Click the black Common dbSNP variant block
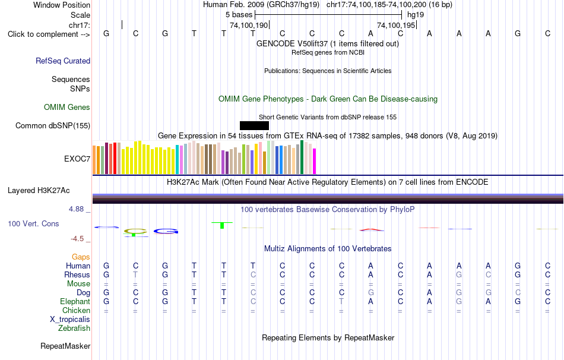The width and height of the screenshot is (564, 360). tap(254, 125)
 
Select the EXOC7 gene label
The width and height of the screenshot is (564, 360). tap(77, 159)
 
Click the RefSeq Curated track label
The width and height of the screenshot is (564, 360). tap(63, 61)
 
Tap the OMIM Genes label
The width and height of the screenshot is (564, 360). tap(67, 108)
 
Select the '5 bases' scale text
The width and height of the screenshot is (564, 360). tap(239, 15)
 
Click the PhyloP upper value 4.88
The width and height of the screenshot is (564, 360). tap(76, 209)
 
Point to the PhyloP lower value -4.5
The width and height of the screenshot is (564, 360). tap(77, 239)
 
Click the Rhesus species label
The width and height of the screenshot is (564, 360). tap(77, 274)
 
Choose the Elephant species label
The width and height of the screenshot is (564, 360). tap(75, 302)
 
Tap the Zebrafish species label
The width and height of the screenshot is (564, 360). tap(74, 329)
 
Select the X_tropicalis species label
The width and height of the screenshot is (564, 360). tap(70, 320)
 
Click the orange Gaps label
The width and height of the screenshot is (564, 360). tap(81, 257)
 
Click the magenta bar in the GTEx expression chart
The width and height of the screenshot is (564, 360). tap(315, 161)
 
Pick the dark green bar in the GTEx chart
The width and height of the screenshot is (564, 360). tap(302, 157)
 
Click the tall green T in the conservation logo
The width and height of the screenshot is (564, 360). tap(222, 225)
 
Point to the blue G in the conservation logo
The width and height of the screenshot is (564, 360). tap(166, 231)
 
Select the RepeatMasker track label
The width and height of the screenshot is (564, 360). tap(65, 346)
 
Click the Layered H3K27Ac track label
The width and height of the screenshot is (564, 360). tap(39, 191)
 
